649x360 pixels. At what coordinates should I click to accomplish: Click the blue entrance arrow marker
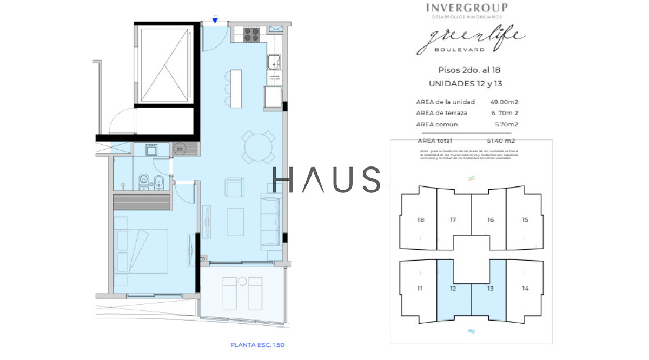(x=215, y=21)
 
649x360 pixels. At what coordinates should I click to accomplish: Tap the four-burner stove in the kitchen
(x=251, y=35)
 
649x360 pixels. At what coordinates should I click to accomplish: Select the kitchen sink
(x=274, y=62)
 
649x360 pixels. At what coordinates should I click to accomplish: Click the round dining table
(x=257, y=146)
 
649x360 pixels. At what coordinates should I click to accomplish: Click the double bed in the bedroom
(x=141, y=251)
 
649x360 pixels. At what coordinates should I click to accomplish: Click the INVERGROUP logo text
(x=467, y=8)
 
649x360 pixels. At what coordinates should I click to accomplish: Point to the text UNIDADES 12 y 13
(x=469, y=84)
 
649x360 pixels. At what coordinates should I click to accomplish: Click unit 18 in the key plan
(x=421, y=220)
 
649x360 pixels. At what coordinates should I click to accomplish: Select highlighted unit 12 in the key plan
(x=453, y=289)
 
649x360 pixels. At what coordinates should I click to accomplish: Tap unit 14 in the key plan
(x=525, y=289)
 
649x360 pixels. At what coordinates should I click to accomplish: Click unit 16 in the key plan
(x=490, y=220)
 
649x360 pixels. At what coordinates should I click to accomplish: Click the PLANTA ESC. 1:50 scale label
(x=257, y=345)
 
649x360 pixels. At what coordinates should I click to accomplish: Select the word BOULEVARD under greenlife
(x=459, y=50)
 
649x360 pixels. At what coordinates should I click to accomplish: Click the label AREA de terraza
(x=441, y=113)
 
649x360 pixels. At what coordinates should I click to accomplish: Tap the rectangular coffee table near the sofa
(x=235, y=222)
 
